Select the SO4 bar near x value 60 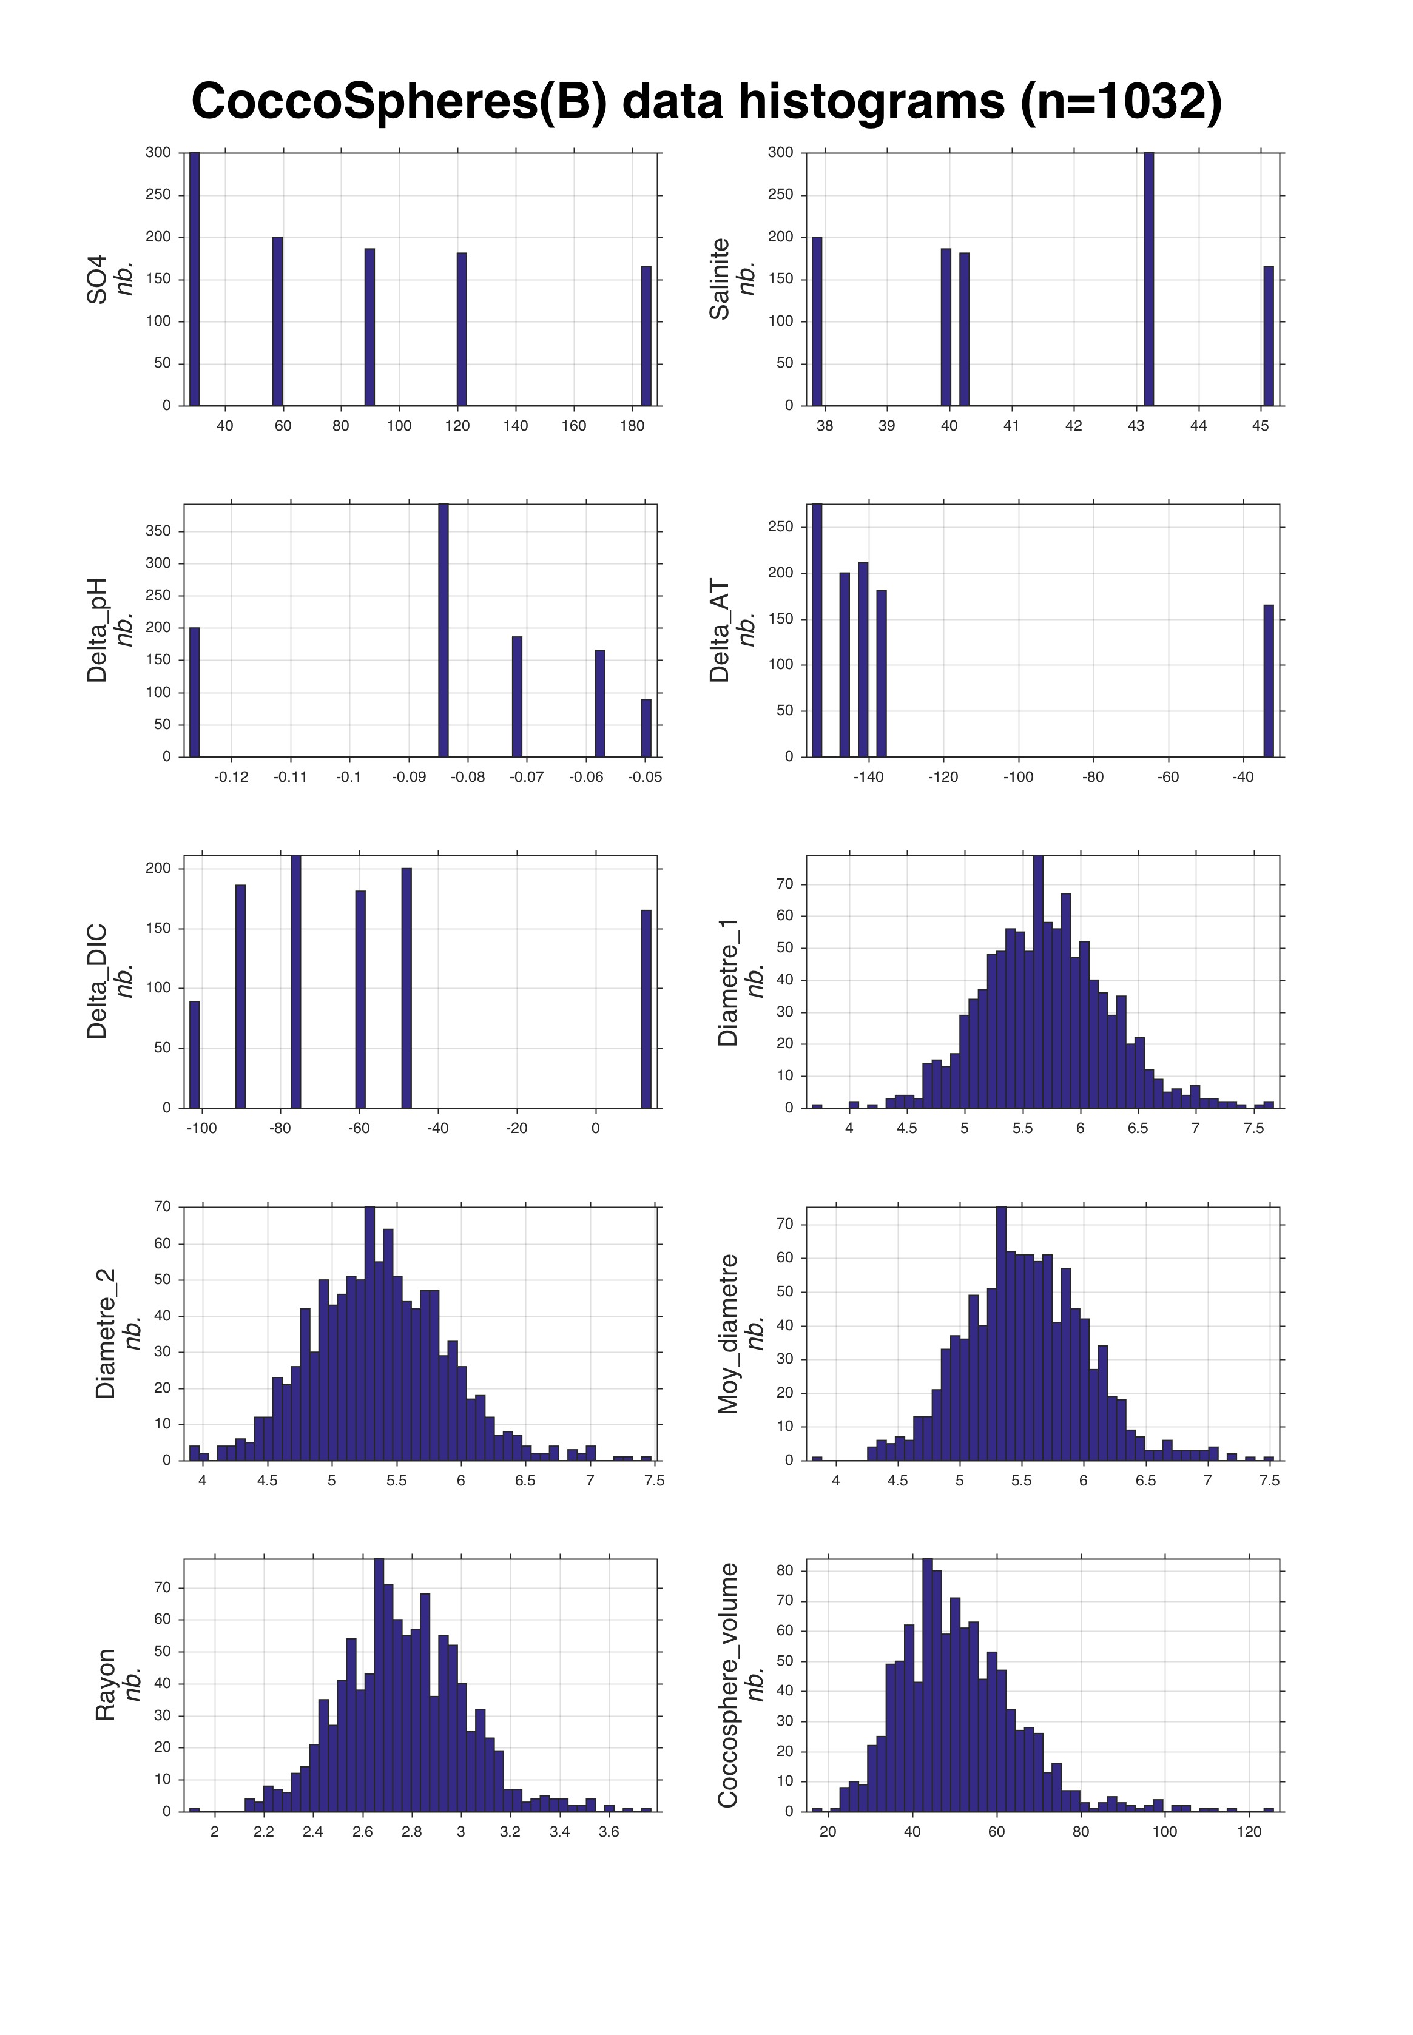277,320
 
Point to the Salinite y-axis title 720,279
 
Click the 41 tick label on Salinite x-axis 1011,426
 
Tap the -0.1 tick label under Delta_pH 349,777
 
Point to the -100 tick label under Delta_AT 1018,777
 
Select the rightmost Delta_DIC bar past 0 646,1009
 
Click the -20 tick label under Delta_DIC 516,1129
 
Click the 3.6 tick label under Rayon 609,1831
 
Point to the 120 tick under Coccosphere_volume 1249,1831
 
